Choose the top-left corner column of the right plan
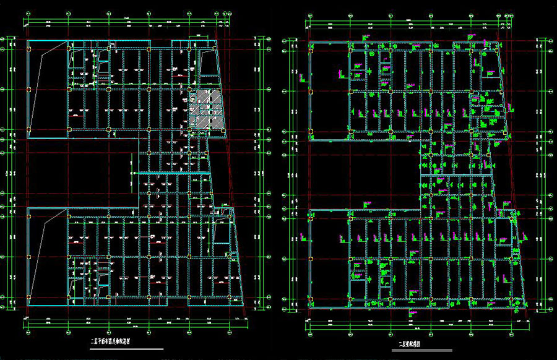coord(310,43)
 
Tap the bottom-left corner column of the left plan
coord(28,305)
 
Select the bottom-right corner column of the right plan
coord(526,306)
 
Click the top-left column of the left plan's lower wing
coord(28,211)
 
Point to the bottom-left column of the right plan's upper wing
coord(310,137)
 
